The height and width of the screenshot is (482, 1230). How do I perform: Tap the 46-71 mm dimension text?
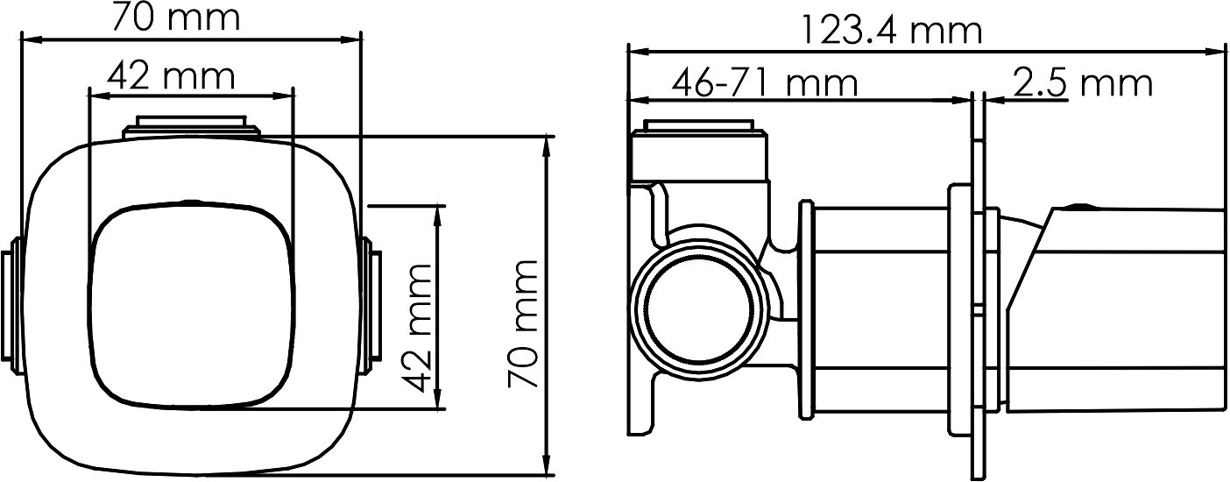764,82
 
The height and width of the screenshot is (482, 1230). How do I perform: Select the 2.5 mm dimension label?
1082,83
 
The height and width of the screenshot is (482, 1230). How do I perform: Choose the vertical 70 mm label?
522,324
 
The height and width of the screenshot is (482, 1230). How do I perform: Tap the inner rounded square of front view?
192,306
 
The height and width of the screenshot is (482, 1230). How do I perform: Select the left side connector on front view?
11,306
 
